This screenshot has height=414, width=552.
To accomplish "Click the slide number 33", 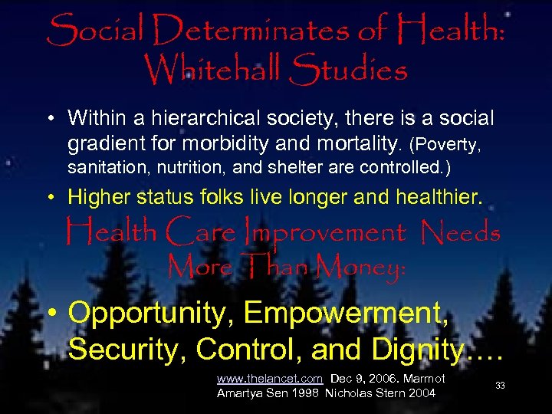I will (x=500, y=386).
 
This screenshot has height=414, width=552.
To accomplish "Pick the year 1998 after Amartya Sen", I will (x=304, y=394).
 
